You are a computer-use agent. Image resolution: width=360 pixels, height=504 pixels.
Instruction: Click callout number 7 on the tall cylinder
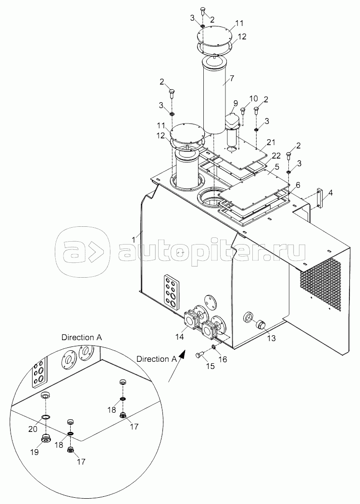pos(232,78)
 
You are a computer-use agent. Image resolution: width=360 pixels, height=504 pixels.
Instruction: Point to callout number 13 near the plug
pos(272,338)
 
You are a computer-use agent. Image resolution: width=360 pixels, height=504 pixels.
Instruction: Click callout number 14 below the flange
pos(179,336)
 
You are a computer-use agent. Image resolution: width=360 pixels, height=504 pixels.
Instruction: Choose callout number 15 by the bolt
pos(210,366)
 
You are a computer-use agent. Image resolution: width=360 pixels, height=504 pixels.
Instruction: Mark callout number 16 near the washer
pos(223,359)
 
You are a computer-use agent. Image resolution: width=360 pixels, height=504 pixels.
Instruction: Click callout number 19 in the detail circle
pos(35,452)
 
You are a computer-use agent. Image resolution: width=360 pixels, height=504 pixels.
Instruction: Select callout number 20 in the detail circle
pos(33,429)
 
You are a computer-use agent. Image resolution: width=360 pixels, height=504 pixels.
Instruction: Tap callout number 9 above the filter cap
pos(236,103)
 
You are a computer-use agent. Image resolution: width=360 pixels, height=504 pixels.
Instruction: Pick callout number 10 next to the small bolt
pos(253,98)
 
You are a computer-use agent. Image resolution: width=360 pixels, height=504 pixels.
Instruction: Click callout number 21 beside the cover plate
pos(272,142)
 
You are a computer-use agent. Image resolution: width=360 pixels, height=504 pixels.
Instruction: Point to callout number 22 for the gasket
pos(276,156)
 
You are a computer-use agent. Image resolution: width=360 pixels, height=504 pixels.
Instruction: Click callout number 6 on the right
pos(298,185)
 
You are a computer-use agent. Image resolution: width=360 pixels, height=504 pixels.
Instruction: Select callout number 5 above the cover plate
pos(277,168)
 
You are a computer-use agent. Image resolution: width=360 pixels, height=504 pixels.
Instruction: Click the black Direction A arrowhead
pos(182,354)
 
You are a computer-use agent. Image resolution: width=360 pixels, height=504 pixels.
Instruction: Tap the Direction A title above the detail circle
pos(82,337)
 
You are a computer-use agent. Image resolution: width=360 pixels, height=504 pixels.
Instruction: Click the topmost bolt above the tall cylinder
pos(203,11)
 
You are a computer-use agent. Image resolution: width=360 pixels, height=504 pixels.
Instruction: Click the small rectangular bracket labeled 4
pos(320,197)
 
